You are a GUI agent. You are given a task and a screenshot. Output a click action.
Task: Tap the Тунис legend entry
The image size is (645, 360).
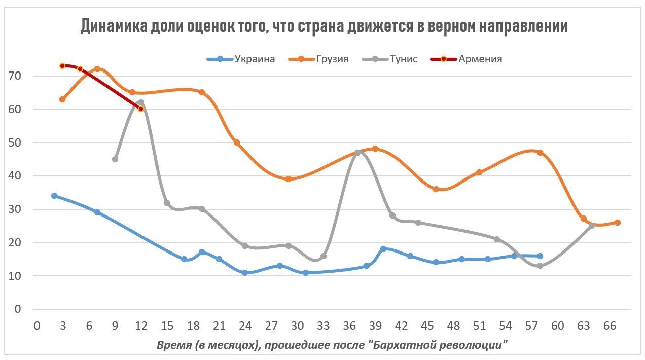pos(403,59)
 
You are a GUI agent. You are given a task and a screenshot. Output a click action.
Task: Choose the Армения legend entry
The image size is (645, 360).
pos(480,59)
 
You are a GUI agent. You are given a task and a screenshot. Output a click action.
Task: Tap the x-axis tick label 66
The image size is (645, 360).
pos(610,325)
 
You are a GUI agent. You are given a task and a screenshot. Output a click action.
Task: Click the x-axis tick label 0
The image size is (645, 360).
pos(37,325)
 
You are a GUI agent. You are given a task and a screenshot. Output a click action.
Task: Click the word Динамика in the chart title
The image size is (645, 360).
pos(113,26)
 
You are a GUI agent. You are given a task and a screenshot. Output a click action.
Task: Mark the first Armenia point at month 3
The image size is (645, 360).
pos(62,66)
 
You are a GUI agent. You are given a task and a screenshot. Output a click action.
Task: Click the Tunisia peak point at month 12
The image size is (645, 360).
pos(140,102)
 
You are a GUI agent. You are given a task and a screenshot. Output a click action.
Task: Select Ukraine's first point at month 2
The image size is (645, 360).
pos(54,196)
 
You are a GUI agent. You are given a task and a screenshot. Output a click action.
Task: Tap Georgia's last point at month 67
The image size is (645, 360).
pos(617,223)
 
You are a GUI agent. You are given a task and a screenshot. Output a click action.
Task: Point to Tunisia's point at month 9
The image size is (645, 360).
pos(115,159)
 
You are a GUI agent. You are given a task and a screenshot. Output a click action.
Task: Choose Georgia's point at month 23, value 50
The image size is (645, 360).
pos(236,142)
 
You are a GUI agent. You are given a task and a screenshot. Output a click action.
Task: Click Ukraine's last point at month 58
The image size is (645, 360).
pos(540,256)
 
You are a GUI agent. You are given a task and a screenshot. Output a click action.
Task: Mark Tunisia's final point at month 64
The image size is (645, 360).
pos(592,226)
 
